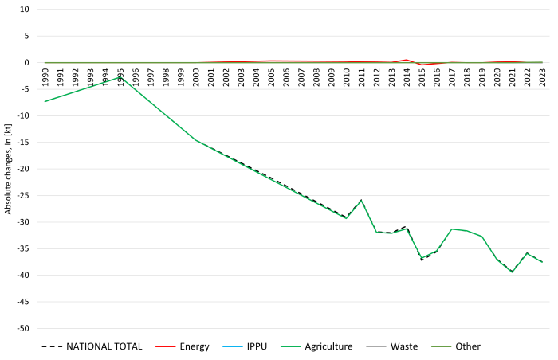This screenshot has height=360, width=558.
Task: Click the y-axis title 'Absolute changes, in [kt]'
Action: point(8,170)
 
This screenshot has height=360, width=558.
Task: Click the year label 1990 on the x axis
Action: point(45,77)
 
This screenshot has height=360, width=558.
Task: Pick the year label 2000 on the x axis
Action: point(196,77)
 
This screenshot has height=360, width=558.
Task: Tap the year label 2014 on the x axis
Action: point(407,77)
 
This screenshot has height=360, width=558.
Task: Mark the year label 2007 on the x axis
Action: point(301,77)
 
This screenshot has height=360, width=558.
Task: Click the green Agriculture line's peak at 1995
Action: point(121,78)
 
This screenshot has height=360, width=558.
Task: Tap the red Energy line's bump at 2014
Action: point(407,60)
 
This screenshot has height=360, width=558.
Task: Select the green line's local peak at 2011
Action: point(361,200)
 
